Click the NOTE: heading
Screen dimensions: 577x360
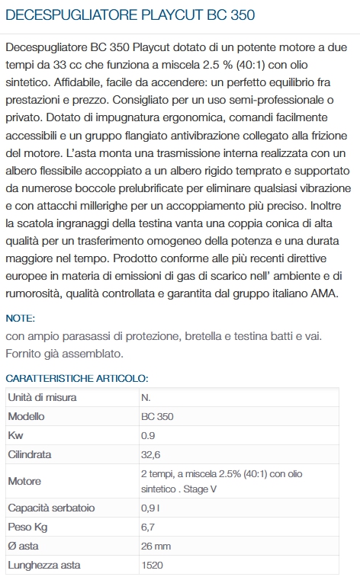click(x=21, y=318)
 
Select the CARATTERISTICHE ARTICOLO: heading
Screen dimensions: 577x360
click(x=77, y=378)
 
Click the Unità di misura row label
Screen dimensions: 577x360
click(x=42, y=397)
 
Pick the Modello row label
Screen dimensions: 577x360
click(x=26, y=416)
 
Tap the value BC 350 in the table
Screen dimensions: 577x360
click(x=157, y=416)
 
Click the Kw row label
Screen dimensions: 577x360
click(x=15, y=435)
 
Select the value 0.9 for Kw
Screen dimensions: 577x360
click(x=148, y=435)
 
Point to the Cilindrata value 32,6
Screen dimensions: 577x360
click(x=151, y=454)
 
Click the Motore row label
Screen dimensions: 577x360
click(x=24, y=481)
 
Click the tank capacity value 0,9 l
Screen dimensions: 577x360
click(x=150, y=508)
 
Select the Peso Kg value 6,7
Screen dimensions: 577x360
click(x=148, y=527)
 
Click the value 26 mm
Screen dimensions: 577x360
click(x=156, y=546)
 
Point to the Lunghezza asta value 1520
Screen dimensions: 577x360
click(x=153, y=566)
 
